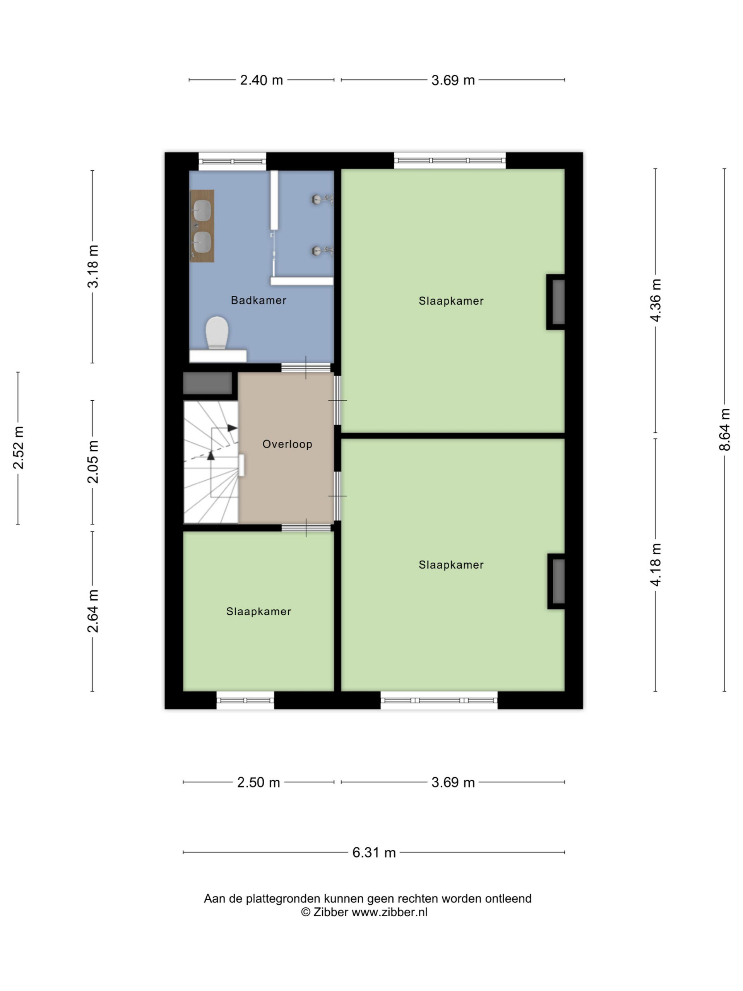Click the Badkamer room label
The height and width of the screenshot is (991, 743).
click(x=259, y=300)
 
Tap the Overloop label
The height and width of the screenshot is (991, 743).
click(x=287, y=444)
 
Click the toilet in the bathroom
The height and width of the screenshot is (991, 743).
click(x=217, y=333)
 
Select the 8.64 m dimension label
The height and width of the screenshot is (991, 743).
click(x=724, y=430)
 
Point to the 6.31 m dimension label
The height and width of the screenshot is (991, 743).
click(x=374, y=852)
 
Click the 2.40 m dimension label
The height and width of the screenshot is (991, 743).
click(x=262, y=80)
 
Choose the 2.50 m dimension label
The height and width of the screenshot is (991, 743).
click(x=259, y=782)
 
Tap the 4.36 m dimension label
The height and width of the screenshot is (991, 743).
click(x=655, y=300)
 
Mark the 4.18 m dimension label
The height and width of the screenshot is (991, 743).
click(x=655, y=564)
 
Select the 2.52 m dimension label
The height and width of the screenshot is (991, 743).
click(x=18, y=448)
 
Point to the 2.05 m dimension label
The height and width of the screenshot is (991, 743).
click(x=93, y=462)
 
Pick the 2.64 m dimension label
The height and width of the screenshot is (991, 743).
click(x=93, y=611)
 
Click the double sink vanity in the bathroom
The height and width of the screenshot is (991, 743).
click(x=202, y=226)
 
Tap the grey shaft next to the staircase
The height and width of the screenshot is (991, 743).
click(x=207, y=384)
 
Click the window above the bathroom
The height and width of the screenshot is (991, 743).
click(x=233, y=161)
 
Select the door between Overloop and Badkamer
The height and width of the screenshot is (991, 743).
click(x=306, y=368)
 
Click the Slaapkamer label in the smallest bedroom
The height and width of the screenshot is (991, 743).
click(x=259, y=612)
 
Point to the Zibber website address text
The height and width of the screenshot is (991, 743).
click(x=390, y=912)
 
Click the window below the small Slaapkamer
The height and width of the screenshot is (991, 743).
click(x=245, y=701)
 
